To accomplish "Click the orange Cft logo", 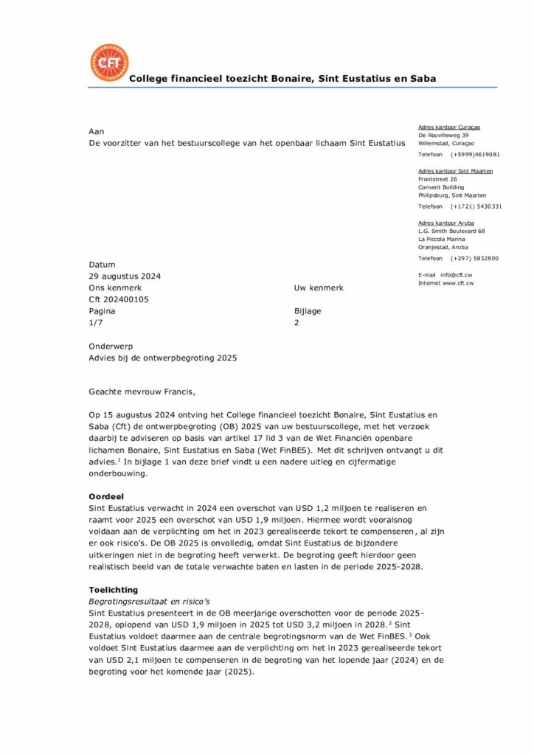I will pos(108,63).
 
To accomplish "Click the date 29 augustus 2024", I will pos(125,276).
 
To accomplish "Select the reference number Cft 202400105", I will pos(119,299).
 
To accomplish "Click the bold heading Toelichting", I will pos(113,591).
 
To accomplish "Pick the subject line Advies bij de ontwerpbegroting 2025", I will pos(163,358).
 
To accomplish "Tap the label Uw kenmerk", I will pos(319,288).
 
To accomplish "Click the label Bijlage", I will pos(308,311).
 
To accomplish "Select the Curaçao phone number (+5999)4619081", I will pos(476,155).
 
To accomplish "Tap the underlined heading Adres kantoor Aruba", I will pos(446,223).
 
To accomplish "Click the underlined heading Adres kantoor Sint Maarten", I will pos(455,171).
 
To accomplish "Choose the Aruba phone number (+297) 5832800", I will pos(474,258).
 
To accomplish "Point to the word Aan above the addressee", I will pos(97,131).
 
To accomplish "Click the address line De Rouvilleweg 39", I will pos(443,136).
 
